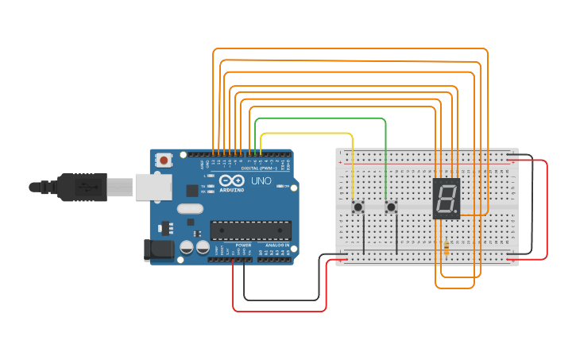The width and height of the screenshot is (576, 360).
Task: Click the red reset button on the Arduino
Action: (164, 161)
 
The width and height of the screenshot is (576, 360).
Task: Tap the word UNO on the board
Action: (262, 181)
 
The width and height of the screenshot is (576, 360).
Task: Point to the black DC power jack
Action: (157, 250)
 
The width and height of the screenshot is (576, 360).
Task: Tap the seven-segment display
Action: (446, 199)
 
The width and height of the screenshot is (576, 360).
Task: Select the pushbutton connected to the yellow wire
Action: (358, 207)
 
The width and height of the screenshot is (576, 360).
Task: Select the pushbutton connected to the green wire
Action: (391, 207)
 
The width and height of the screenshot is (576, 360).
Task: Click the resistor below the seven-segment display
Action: (446, 248)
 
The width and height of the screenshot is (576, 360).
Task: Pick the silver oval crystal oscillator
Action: (191, 209)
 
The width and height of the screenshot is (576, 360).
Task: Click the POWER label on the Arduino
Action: (243, 246)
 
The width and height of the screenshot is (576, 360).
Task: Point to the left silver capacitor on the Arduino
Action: (185, 247)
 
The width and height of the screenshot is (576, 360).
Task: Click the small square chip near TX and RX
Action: (191, 191)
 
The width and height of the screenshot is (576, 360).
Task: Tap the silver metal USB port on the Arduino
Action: (153, 187)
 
